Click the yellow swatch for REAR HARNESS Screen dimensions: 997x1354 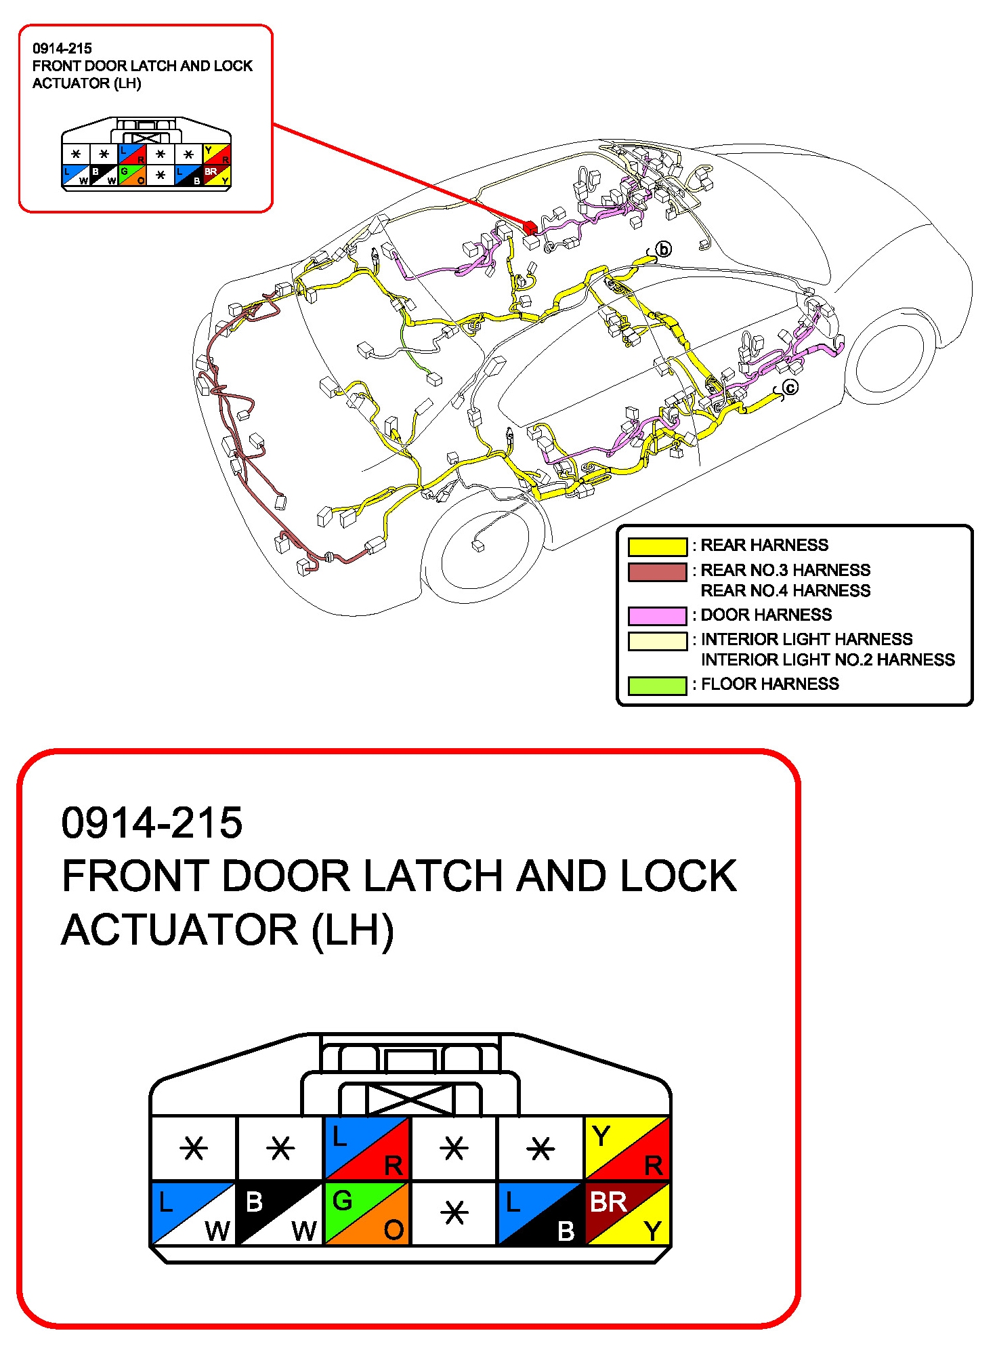click(x=657, y=546)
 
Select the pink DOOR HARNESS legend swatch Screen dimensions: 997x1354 click(x=657, y=615)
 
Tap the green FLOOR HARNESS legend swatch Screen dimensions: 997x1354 click(x=657, y=685)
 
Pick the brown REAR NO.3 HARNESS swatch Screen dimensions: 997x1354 click(x=657, y=572)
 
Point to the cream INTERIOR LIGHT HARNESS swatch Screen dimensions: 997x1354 click(x=657, y=641)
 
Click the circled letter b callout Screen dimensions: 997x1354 click(x=664, y=249)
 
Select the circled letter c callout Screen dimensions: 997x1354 click(x=790, y=388)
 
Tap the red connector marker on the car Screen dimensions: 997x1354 click(x=530, y=228)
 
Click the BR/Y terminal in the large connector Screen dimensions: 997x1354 click(x=627, y=1213)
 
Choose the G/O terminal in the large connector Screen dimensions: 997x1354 click(x=367, y=1213)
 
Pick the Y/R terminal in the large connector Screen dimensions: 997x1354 click(x=627, y=1149)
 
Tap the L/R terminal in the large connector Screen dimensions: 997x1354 click(x=367, y=1149)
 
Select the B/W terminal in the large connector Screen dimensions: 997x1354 click(x=280, y=1213)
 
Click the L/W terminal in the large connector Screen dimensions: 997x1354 click(x=194, y=1213)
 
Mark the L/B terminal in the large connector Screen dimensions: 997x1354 click(x=540, y=1213)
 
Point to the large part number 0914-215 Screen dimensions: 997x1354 click(x=152, y=823)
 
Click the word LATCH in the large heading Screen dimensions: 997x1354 click(x=433, y=876)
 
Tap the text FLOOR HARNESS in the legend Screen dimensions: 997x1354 click(x=769, y=684)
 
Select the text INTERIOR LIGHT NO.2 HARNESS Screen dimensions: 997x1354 click(x=828, y=660)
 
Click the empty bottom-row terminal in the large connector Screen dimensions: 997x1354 click(x=454, y=1213)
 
